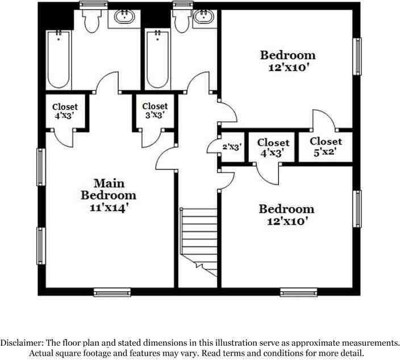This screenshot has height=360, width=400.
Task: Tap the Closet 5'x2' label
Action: pos(326,146)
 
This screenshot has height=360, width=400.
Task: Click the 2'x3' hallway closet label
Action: pos(232,147)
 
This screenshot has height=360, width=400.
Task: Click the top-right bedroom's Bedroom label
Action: pos(287,55)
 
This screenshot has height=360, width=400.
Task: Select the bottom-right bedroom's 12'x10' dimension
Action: pos(286,221)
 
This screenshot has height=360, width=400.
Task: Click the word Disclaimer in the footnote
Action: pos(21,343)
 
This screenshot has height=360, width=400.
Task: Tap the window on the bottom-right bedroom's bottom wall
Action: pos(299,292)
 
